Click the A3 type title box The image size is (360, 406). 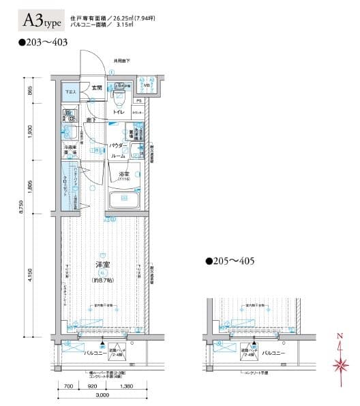coord(42,21)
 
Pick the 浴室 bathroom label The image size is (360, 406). coord(125,174)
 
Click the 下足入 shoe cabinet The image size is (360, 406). coord(70,91)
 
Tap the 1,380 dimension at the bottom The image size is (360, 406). coord(125,387)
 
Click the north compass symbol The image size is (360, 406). coord(339,358)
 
